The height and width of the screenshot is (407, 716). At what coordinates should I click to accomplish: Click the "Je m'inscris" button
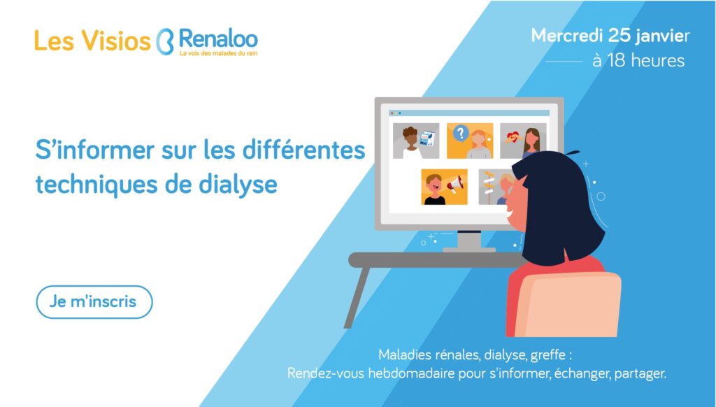pos(94,302)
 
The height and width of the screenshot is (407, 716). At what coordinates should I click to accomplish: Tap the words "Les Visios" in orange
pos(92,41)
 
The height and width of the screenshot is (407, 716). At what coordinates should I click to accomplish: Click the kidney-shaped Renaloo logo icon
pos(165,42)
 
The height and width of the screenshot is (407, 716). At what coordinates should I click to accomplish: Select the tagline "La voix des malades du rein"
pos(218,53)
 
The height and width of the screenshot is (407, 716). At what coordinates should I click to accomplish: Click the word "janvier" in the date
pos(663,36)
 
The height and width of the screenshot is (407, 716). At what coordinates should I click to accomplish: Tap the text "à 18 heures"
pos(638,60)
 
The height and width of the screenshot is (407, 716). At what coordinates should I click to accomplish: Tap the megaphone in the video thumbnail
pos(455,184)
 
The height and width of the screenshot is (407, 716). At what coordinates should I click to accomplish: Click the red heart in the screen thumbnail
pos(513,136)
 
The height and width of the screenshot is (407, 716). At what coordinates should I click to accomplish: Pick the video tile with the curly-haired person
pos(416,141)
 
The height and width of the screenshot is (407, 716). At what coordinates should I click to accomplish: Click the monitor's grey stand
pos(469,241)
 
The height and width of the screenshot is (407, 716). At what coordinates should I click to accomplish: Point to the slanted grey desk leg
pos(356,297)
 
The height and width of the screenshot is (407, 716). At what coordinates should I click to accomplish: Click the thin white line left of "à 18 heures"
pos(564,61)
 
